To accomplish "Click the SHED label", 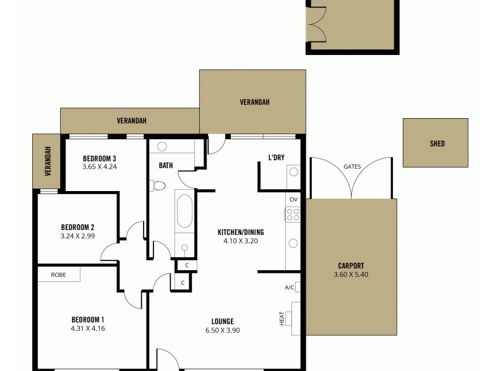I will pos(437,143).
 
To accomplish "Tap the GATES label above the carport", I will pos(352,166).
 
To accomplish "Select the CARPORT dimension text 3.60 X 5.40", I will pos(351,275).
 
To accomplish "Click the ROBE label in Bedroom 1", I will pos(58,275).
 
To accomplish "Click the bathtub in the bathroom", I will pos(184,213).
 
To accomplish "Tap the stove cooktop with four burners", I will pos(293,215).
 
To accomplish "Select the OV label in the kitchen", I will pos(294,199).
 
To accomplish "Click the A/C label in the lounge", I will pos(289,287).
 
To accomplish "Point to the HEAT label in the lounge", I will pos(282,318).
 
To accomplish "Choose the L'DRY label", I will pos(276,157).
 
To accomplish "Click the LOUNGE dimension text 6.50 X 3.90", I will pos(222,330).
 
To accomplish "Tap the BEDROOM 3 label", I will pos(100,158).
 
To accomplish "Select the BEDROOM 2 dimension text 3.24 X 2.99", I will pos(77,236).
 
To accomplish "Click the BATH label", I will pos(166,165).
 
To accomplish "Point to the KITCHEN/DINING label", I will pos(240,232).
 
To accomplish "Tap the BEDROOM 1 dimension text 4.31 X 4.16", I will pos(87,328).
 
